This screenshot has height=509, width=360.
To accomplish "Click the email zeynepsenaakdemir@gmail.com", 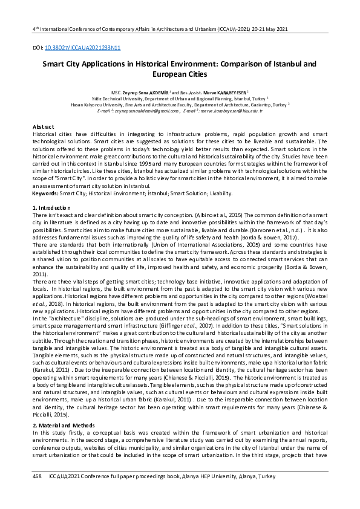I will (143, 111).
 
